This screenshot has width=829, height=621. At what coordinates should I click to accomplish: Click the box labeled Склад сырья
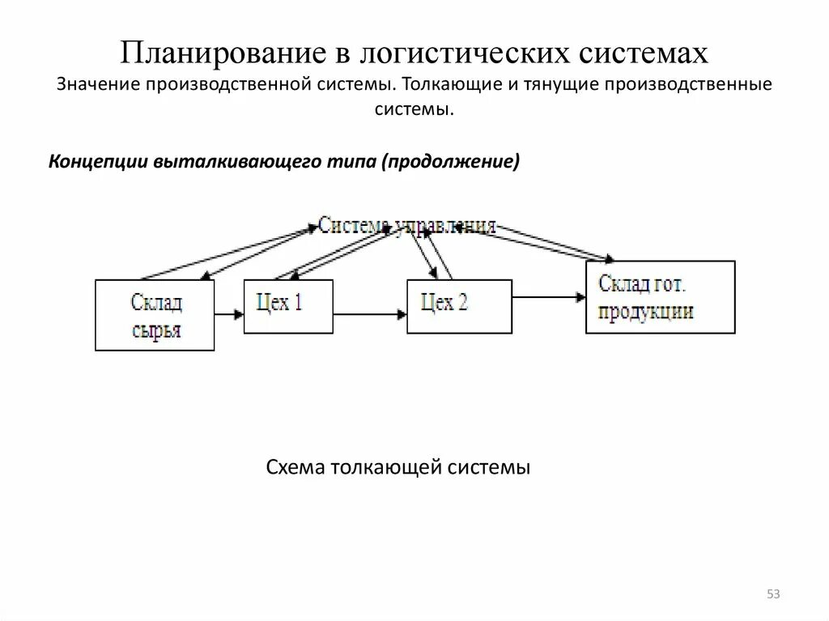pyautogui.click(x=155, y=315)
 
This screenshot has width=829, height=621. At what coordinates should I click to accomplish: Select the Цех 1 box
pyautogui.click(x=287, y=305)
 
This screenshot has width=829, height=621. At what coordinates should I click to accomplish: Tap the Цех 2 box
pyautogui.click(x=458, y=305)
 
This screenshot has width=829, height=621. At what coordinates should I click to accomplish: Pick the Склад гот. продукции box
pyautogui.click(x=660, y=296)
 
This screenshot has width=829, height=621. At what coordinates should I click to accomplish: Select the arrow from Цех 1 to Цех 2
pyautogui.click(x=369, y=311)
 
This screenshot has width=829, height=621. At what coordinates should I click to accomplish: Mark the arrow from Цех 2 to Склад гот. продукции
pyautogui.click(x=548, y=298)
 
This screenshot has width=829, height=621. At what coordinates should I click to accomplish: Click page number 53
pyautogui.click(x=773, y=595)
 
